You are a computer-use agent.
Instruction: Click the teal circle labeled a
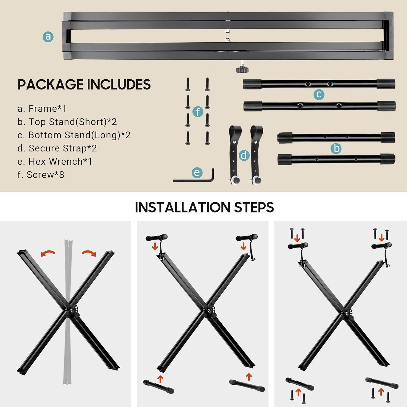click(48, 37)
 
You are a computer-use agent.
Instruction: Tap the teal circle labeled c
click(319, 94)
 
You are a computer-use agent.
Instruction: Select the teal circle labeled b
click(336, 148)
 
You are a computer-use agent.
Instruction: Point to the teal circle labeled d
click(244, 155)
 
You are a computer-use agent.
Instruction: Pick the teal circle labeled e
click(197, 173)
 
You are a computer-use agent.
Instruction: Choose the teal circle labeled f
click(198, 112)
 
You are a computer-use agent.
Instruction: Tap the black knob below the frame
click(242, 70)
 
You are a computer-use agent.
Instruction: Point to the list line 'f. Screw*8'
click(41, 175)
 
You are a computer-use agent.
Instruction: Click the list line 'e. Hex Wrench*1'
click(55, 161)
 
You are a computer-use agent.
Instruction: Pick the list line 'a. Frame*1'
click(42, 109)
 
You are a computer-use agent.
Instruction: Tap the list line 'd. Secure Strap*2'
click(57, 148)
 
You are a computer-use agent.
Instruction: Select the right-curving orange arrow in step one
click(89, 253)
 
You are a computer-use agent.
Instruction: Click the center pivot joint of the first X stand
click(71, 310)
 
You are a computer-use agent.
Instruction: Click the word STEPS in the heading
click(254, 208)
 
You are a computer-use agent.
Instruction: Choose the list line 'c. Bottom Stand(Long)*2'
click(74, 135)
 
